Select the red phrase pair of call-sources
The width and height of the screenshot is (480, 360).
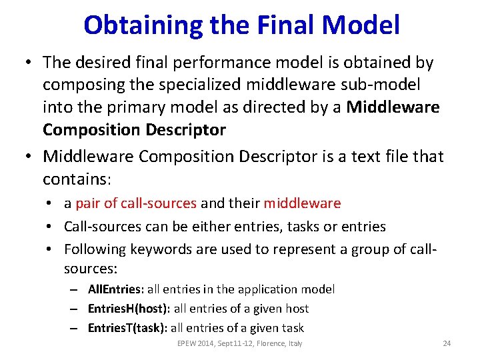(x=136, y=203)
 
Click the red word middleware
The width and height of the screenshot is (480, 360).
(x=302, y=203)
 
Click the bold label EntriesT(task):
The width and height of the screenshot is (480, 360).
(x=129, y=328)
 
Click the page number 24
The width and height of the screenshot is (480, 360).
(x=447, y=343)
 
